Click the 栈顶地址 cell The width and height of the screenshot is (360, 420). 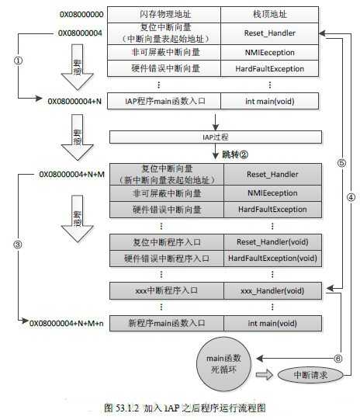pos(269,15)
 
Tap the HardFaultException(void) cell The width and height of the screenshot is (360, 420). pos(271,258)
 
